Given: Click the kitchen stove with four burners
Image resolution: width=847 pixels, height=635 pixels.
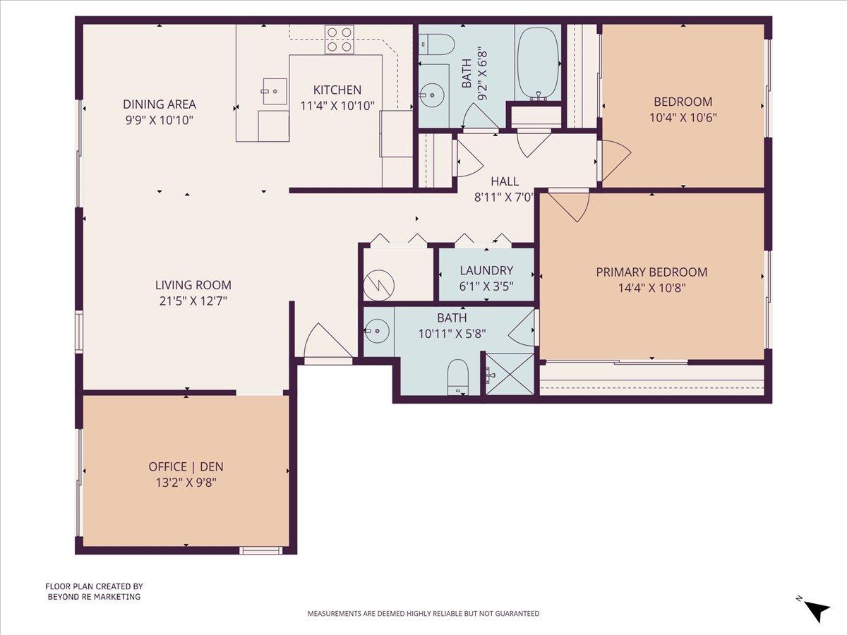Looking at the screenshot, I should tap(339, 39).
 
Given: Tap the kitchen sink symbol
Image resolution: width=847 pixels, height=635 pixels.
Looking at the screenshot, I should tap(275, 91).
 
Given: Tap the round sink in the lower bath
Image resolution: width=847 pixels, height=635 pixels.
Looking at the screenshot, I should tap(377, 329).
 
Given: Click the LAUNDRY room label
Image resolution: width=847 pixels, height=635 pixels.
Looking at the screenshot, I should tap(486, 270).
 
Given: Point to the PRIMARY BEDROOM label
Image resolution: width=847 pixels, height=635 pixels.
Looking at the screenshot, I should tap(651, 272).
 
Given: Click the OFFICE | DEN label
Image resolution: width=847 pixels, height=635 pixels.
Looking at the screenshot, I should tap(186, 466).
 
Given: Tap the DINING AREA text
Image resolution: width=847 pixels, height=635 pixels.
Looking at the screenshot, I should tap(160, 104).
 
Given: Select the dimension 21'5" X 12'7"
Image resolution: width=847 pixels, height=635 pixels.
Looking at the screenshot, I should tap(193, 301).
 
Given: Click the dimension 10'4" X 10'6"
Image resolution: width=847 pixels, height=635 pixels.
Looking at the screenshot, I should tap(683, 117).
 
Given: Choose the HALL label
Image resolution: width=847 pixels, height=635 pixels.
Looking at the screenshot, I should tap(505, 181).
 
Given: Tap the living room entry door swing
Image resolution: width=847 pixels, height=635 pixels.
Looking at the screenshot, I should tap(327, 342).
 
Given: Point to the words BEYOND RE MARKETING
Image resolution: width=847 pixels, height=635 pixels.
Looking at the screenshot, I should tap(94, 597).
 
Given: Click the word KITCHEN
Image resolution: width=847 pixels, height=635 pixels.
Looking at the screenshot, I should tap(337, 90).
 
